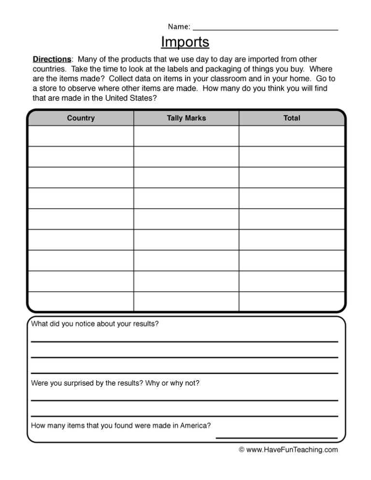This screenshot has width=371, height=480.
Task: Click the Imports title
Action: pyautogui.click(x=185, y=42)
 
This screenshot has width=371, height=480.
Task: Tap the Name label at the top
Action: pyautogui.click(x=178, y=26)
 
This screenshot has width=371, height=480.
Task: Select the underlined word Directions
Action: pyautogui.click(x=52, y=59)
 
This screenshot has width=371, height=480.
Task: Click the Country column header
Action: pyautogui.click(x=81, y=118)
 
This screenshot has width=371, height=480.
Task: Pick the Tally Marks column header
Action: pyautogui.click(x=185, y=118)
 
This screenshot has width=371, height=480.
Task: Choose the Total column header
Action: pyautogui.click(x=292, y=118)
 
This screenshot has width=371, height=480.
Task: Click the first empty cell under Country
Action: pyautogui.click(x=81, y=136)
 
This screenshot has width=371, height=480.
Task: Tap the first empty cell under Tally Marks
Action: pyautogui.click(x=185, y=136)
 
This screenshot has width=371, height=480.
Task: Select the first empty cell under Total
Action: pyautogui.click(x=292, y=136)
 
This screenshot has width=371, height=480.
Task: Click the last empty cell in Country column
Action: pyautogui.click(x=81, y=301)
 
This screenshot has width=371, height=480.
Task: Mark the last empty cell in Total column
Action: pyautogui.click(x=292, y=301)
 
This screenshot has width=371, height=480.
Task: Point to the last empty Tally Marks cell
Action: pyautogui.click(x=185, y=301)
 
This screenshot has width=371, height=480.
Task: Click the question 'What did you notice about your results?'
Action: pyautogui.click(x=95, y=324)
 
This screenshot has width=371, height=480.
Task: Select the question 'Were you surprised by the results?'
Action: pyautogui.click(x=115, y=383)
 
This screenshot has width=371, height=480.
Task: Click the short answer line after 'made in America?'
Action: pyautogui.click(x=276, y=437)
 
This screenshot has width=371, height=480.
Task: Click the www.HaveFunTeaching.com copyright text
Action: pyautogui.click(x=288, y=450)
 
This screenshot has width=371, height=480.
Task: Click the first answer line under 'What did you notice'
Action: pyautogui.click(x=185, y=341)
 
